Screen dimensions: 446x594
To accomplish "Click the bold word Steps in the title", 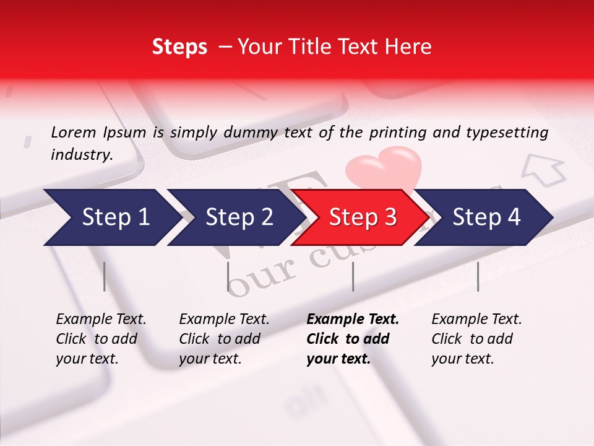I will point(179,46).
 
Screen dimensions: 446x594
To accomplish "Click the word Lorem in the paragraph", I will point(74,132).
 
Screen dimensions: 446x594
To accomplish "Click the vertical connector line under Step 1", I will point(105,276).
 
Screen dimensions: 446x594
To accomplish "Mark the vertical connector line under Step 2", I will point(228,276).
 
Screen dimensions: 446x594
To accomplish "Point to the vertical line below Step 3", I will point(353,276).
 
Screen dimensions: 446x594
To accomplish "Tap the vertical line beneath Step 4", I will point(478,276).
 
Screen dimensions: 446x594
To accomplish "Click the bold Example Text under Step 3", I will point(353,319).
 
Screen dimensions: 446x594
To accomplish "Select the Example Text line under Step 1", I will point(101,319).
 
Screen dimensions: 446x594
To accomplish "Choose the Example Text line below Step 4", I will point(476,319).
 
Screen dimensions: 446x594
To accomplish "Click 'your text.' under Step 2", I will point(210,359).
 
